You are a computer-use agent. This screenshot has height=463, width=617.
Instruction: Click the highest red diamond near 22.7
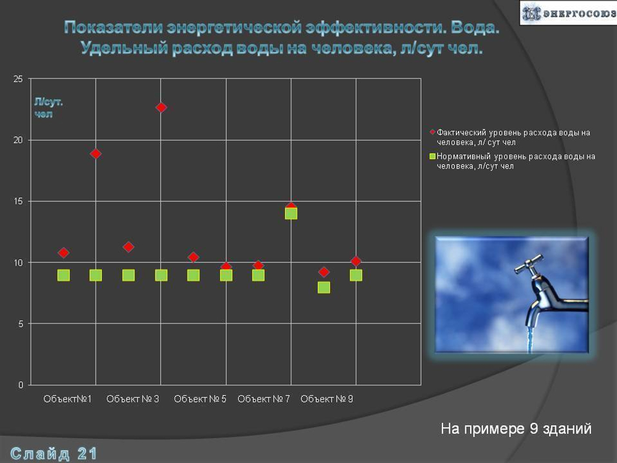[161, 107]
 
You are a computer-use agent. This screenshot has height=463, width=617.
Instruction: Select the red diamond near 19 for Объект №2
[96, 154]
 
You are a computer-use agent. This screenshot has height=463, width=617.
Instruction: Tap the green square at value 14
[291, 214]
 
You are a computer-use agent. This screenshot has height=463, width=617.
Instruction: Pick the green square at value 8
[324, 287]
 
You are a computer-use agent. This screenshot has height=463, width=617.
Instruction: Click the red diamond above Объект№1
[64, 252]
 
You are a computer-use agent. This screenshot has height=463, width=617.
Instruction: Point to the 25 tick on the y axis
[18, 79]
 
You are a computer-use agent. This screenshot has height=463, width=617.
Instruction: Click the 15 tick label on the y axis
[18, 201]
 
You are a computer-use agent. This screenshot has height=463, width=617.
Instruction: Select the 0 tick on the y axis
[20, 385]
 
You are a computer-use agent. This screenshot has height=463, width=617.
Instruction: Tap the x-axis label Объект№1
[67, 399]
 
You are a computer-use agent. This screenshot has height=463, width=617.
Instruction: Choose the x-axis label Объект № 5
[200, 399]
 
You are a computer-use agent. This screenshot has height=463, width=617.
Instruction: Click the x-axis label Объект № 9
[326, 399]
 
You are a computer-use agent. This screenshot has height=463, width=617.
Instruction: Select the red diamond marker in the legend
[433, 132]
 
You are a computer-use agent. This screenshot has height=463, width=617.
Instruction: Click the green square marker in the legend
[433, 157]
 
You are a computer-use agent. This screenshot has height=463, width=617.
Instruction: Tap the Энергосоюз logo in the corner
[568, 13]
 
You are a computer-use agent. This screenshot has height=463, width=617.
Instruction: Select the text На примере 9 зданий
[516, 428]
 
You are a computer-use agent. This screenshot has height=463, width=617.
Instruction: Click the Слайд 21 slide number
[54, 454]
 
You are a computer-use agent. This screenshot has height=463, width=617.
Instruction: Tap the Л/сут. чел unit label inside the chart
[48, 108]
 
